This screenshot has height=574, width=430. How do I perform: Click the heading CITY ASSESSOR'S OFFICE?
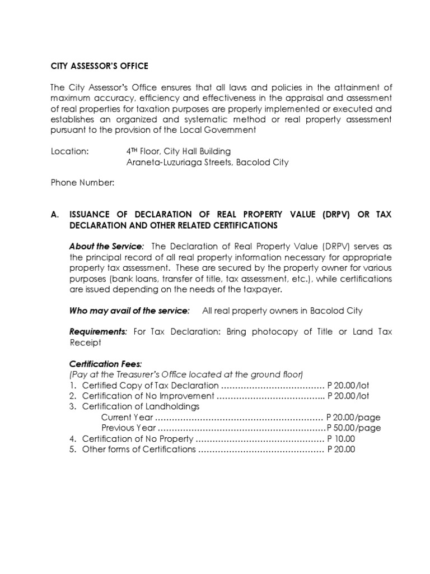coord(99,66)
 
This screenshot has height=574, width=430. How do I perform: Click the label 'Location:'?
coord(69,151)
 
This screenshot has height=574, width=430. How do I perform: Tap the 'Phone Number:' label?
coord(82,183)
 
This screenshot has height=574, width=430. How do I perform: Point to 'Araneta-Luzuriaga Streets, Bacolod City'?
coord(208,163)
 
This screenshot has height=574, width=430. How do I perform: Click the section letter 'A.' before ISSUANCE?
coord(55,215)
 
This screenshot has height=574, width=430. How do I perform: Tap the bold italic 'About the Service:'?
coord(106,247)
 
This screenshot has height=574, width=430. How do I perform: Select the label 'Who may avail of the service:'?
coord(129,311)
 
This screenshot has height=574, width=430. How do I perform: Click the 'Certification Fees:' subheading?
coord(101,363)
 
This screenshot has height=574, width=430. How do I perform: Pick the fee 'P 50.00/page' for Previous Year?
coord(353,428)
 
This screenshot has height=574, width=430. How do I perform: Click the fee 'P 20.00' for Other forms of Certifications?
coord(341,449)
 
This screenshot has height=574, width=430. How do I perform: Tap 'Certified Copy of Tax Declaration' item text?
coord(150,385)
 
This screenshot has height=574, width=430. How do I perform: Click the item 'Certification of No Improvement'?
coord(148,396)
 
